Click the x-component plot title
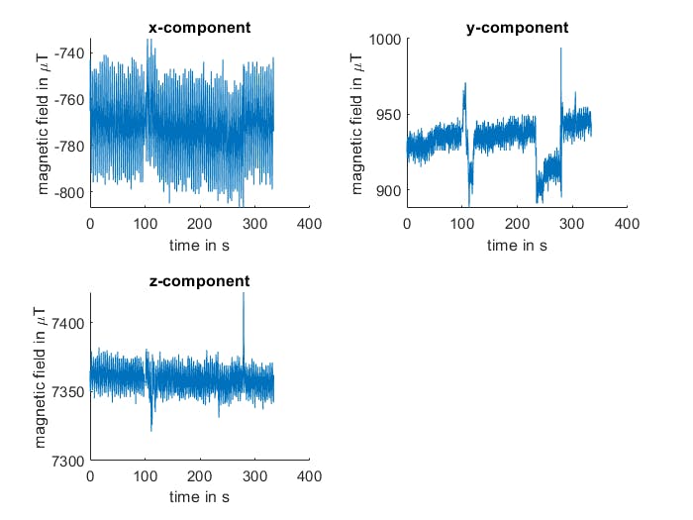tap(199, 28)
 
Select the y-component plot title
tap(517, 28)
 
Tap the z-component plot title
tap(199, 282)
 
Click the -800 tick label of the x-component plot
tap(69, 192)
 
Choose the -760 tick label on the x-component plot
tap(69, 99)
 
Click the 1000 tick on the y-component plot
tap(383, 39)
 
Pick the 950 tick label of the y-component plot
tap(387, 114)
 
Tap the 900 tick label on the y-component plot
tap(387, 190)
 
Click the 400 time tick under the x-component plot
tap(309, 224)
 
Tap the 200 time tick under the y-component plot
tap(517, 224)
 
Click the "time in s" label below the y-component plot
tap(517, 244)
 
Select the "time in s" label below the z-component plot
tap(199, 497)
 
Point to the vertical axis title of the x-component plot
tap(45, 122)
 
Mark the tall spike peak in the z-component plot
tap(244, 295)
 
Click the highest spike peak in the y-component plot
tap(561, 49)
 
